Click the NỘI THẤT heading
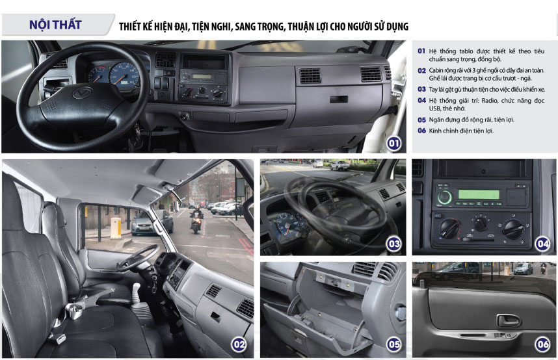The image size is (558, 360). [x=55, y=25]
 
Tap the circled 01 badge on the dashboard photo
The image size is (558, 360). [x=393, y=144]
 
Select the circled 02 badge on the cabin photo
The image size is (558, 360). [x=239, y=344]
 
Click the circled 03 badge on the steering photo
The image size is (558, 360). [x=393, y=244]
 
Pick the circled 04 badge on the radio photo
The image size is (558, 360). [x=542, y=244]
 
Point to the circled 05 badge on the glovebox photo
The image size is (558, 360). [x=393, y=344]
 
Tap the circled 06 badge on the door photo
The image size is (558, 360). [x=542, y=344]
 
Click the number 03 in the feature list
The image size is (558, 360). [x=421, y=89]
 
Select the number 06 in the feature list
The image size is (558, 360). [x=421, y=131]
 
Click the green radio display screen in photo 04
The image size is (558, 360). [x=479, y=194]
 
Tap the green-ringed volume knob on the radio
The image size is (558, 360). [x=444, y=197]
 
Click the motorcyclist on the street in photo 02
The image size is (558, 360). [x=196, y=220]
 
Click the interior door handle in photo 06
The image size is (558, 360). [x=508, y=320]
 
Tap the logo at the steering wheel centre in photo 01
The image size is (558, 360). [x=82, y=93]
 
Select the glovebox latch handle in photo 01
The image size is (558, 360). [x=338, y=99]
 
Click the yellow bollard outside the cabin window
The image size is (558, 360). [x=116, y=227]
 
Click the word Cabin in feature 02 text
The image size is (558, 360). [x=436, y=70]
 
